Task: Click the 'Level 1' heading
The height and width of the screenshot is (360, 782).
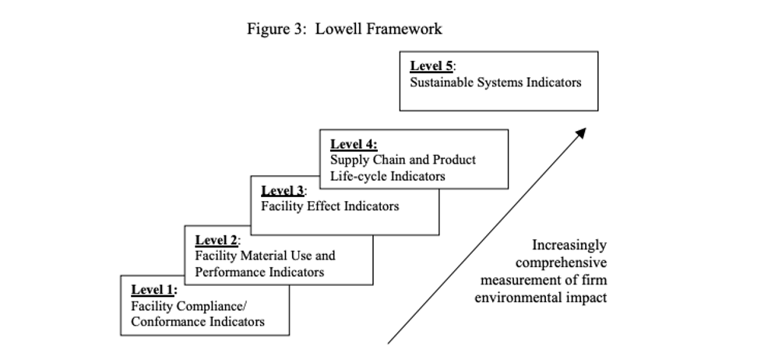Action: tap(154, 290)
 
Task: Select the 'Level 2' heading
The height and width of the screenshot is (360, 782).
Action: tap(217, 240)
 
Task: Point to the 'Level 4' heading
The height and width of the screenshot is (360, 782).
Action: tap(354, 145)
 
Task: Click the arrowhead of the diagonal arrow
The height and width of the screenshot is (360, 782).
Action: tap(580, 133)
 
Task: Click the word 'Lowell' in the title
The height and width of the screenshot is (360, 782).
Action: tap(336, 29)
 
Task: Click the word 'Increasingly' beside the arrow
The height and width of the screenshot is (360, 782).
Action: tap(569, 245)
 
